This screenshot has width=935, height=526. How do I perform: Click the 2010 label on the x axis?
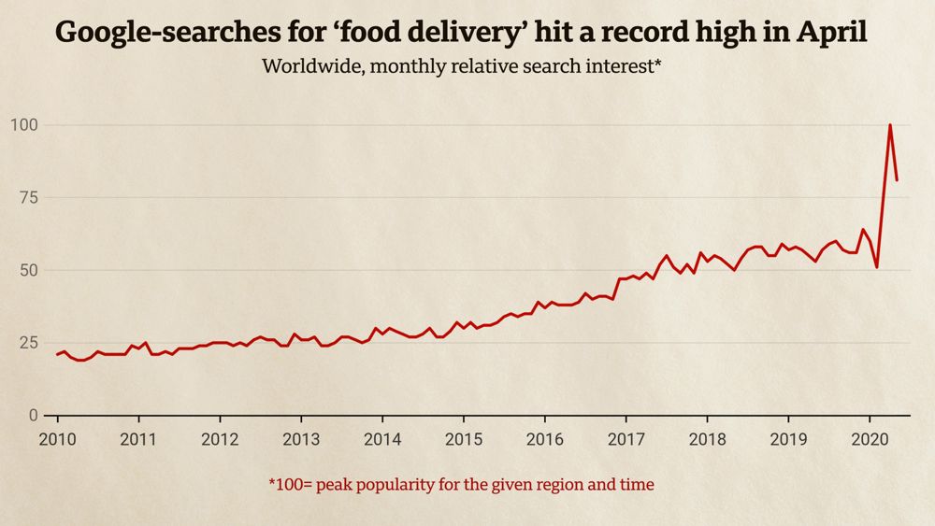click(x=57, y=439)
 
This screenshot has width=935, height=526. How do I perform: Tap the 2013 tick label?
click(x=301, y=439)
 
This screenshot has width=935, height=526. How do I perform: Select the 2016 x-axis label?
click(x=544, y=439)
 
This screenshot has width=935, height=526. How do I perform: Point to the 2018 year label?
click(x=707, y=439)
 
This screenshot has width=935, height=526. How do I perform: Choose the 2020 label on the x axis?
click(x=870, y=439)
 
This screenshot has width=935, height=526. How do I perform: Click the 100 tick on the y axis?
click(x=25, y=125)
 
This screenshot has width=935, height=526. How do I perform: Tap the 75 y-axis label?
click(x=30, y=197)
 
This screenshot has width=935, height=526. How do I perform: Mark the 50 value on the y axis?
click(x=30, y=270)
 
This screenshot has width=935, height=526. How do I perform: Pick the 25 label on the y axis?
click(x=30, y=343)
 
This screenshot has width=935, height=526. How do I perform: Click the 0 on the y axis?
click(x=36, y=415)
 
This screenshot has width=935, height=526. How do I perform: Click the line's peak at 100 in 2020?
click(x=890, y=125)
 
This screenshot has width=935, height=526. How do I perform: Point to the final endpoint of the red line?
click(x=897, y=179)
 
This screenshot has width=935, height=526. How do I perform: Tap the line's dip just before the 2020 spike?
click(x=877, y=267)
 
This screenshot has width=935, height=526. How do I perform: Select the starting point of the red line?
click(x=57, y=354)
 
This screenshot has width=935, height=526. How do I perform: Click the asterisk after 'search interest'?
click(x=669, y=64)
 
